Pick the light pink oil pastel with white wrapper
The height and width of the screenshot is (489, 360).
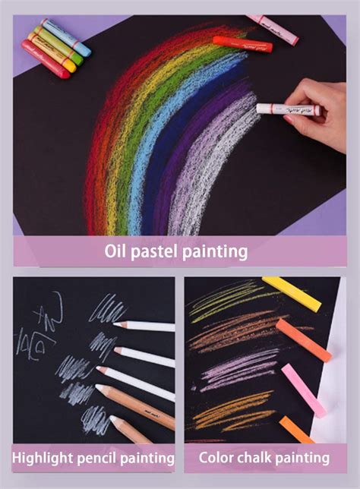pos(272,28)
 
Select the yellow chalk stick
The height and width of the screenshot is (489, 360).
pos(291,293)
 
